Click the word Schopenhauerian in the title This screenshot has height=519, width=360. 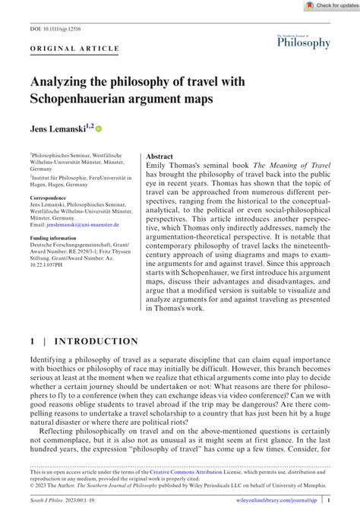pyautogui.click(x=81, y=100)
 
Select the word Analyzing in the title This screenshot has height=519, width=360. pyautogui.click(x=60, y=81)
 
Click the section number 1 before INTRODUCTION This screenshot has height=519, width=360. pyautogui.click(x=33, y=342)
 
